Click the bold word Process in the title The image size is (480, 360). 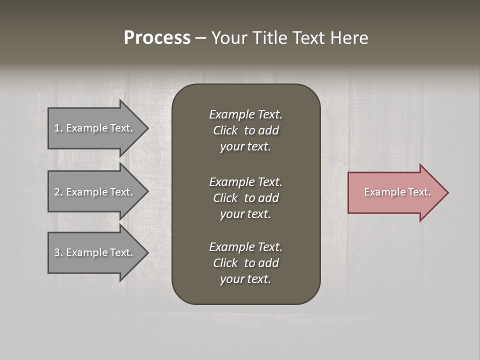[157, 38]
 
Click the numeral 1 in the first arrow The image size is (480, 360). [57, 128]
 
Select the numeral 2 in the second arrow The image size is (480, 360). [57, 192]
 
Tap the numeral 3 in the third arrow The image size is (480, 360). [57, 252]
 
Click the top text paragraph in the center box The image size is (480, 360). [245, 130]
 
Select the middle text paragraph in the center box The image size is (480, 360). [245, 198]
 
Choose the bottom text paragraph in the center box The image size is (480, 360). [245, 263]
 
